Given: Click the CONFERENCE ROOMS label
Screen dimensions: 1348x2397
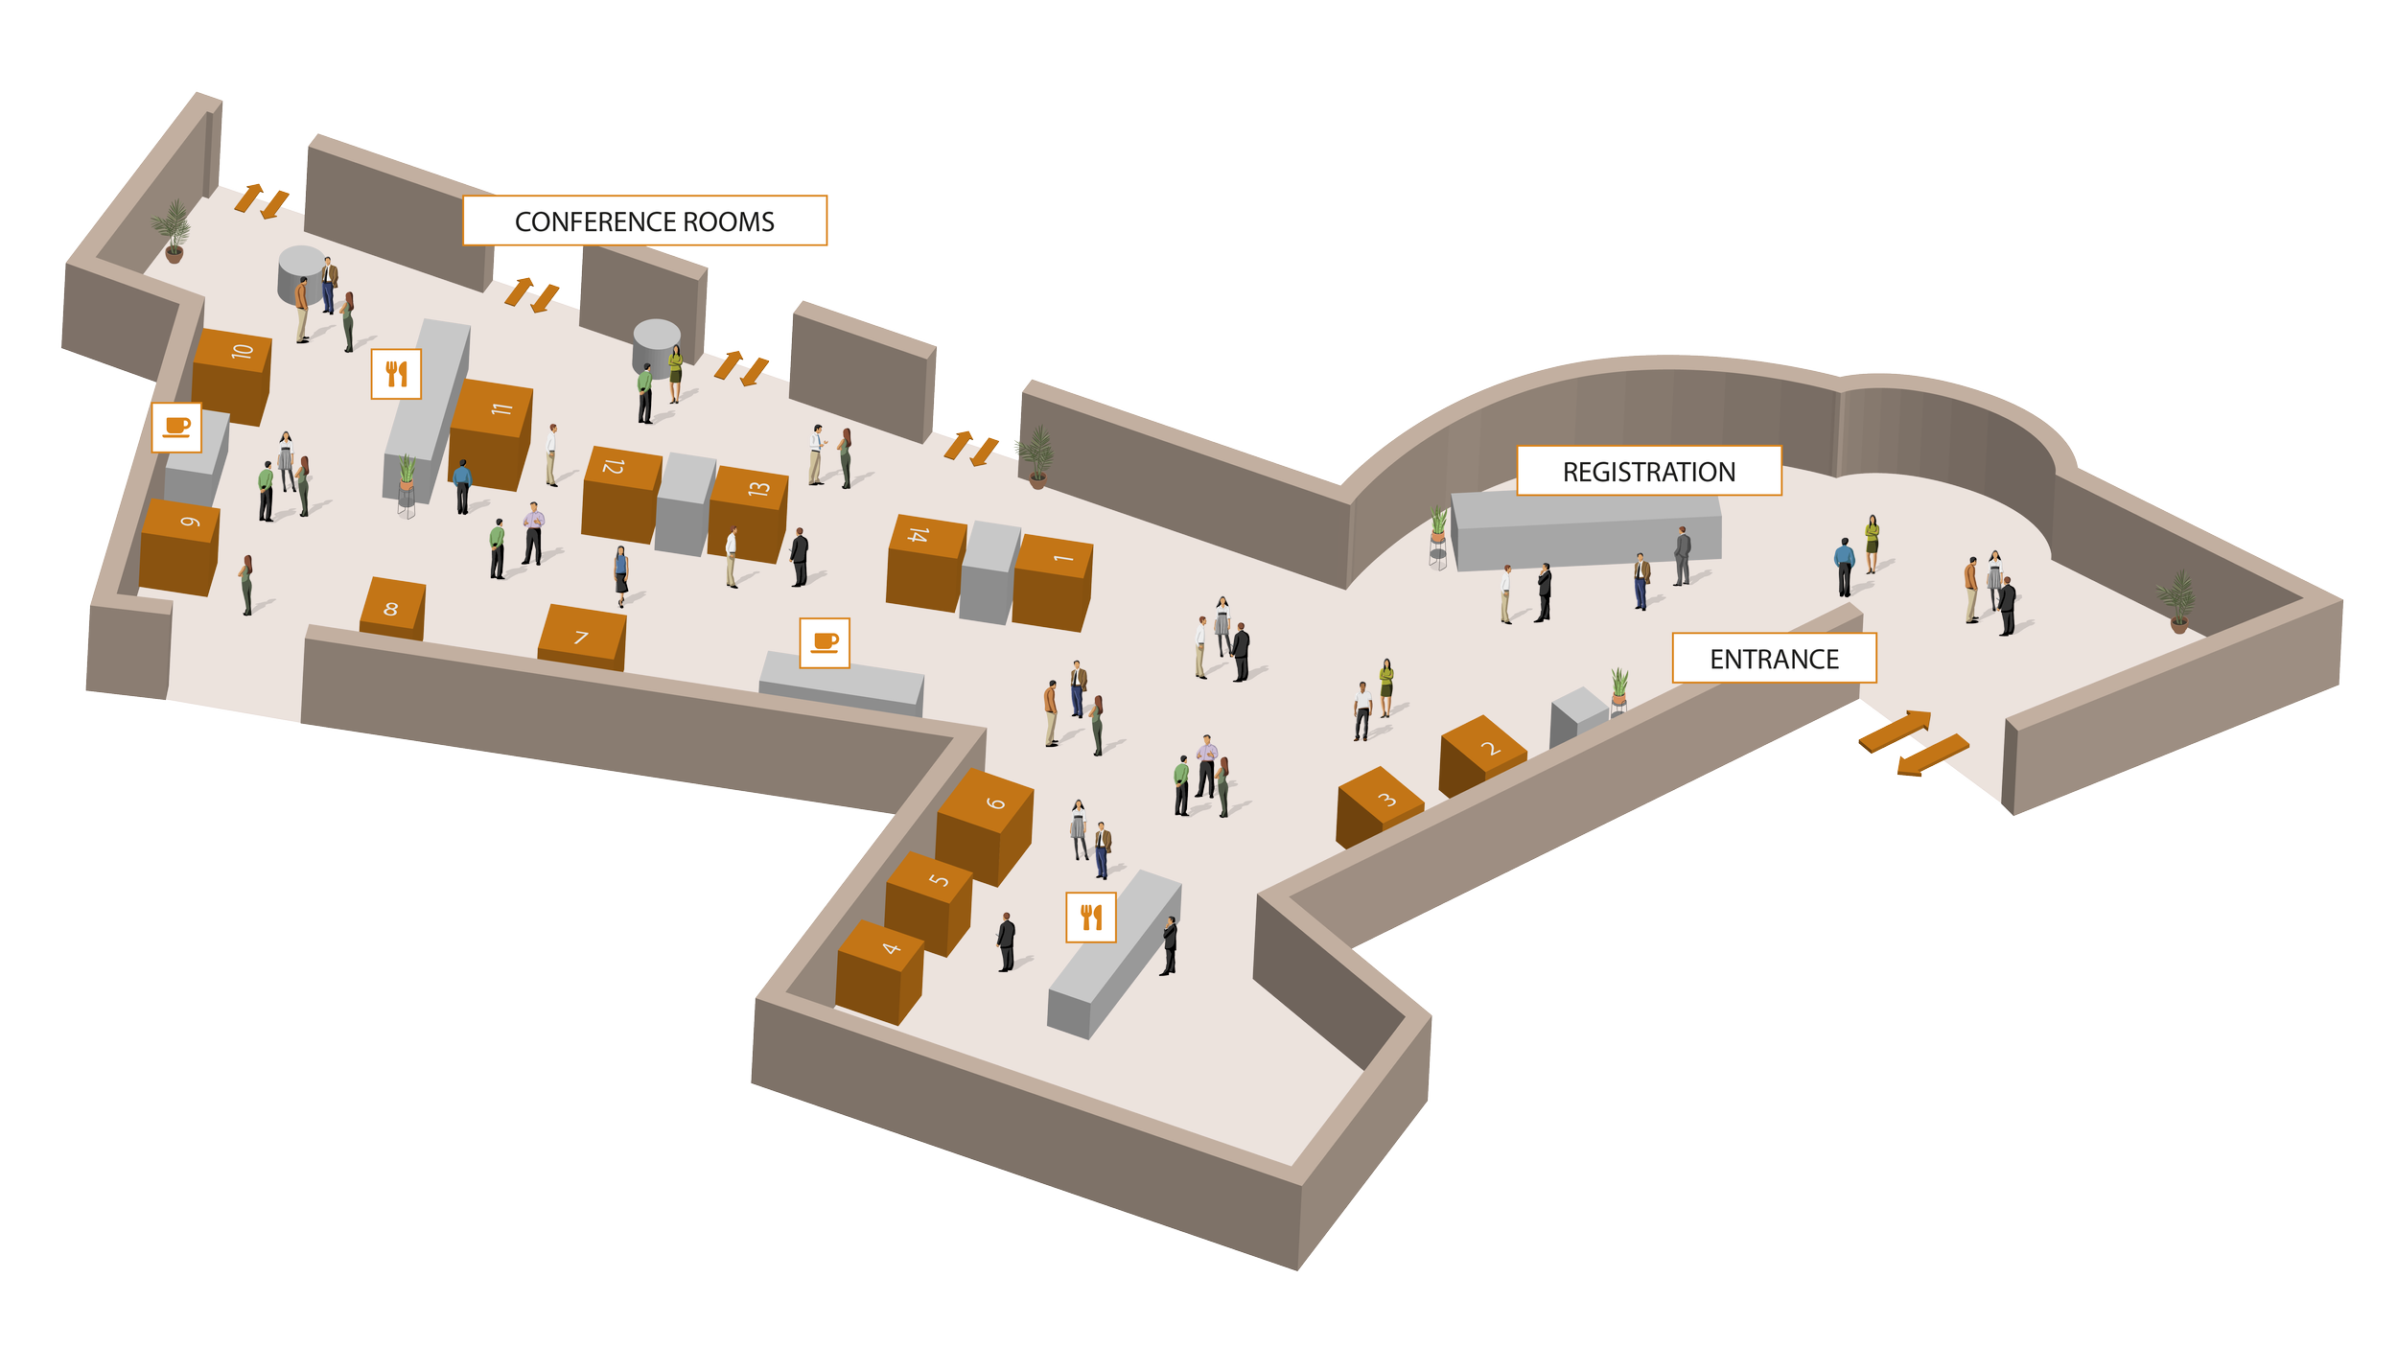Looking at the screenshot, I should [644, 221].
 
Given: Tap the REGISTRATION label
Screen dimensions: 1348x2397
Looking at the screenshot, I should [1648, 472].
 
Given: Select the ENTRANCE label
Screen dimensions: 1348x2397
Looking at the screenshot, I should [1774, 659].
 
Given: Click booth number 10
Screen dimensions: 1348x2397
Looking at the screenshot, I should [233, 374].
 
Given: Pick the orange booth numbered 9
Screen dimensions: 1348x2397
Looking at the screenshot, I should [180, 546].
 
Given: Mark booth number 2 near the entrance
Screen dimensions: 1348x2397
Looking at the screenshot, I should [1481, 755].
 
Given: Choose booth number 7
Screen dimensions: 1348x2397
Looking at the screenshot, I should [582, 638].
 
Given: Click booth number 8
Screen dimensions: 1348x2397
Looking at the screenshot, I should [391, 609].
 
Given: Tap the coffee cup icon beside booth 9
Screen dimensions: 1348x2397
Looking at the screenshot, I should [176, 427].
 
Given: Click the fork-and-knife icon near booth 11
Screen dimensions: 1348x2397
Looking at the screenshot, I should [396, 374].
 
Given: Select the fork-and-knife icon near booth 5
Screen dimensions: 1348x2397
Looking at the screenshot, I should [1091, 918].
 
